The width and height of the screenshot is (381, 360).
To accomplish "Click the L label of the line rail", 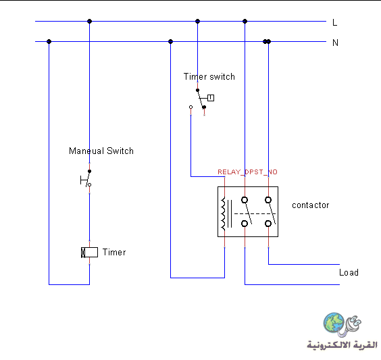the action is pyautogui.click(x=335, y=22).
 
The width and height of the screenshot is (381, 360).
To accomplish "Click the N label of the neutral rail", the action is pyautogui.click(x=335, y=43).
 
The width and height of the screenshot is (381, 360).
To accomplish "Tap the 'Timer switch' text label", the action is pyautogui.click(x=209, y=77).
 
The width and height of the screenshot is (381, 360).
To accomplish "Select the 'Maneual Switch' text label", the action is pyautogui.click(x=101, y=151).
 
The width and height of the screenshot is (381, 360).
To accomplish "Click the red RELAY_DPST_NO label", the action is pyautogui.click(x=247, y=172).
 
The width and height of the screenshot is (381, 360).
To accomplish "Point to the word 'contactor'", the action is pyautogui.click(x=311, y=205).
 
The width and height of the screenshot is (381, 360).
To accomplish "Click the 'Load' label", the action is pyautogui.click(x=349, y=273).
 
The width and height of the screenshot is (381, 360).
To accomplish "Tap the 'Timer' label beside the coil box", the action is pyautogui.click(x=114, y=252).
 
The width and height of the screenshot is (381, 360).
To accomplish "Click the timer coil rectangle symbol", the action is pyautogui.click(x=89, y=253).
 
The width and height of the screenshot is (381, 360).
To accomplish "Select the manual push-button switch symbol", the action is pyautogui.click(x=86, y=178).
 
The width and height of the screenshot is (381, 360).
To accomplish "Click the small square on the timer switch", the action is pyautogui.click(x=211, y=98).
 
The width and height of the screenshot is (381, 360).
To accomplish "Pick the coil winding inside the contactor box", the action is pyautogui.click(x=223, y=213).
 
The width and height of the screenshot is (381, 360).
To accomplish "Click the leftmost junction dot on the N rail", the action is pyautogui.click(x=49, y=42).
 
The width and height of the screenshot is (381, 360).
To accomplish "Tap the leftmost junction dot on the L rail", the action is pyautogui.click(x=89, y=21).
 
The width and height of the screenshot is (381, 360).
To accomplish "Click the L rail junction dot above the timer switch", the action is pyautogui.click(x=197, y=21).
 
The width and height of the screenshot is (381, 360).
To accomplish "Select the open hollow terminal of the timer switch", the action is pyautogui.click(x=190, y=107).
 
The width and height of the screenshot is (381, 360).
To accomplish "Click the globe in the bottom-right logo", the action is pyautogui.click(x=334, y=323).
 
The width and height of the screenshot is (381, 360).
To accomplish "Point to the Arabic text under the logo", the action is pyautogui.click(x=342, y=345).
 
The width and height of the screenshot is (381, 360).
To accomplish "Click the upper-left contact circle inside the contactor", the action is pyautogui.click(x=245, y=200).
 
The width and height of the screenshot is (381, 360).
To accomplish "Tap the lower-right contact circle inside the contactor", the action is pyautogui.click(x=268, y=224).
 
